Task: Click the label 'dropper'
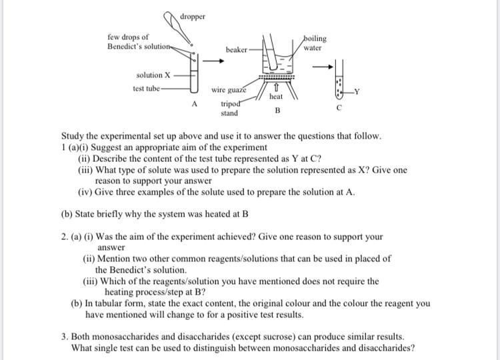(x=193, y=17)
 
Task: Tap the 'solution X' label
(x=153, y=75)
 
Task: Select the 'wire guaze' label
(x=229, y=89)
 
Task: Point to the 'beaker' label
(x=237, y=50)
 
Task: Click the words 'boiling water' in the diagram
(x=313, y=43)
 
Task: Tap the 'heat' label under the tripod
(x=276, y=97)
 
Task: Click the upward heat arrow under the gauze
(x=275, y=87)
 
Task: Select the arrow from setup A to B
(x=213, y=61)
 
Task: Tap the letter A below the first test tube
(x=195, y=104)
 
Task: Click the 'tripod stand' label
(x=229, y=109)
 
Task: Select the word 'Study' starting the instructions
(x=73, y=136)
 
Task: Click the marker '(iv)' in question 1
(x=85, y=192)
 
